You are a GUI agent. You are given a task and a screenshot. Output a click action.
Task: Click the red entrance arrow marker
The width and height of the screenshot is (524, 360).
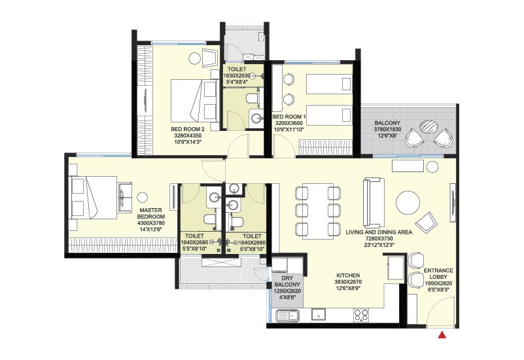coord(442,336)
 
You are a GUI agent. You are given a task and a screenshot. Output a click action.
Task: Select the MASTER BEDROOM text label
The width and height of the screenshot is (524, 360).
coord(151,213)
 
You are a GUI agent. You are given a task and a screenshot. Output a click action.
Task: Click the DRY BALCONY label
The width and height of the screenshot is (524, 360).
coord(286,265)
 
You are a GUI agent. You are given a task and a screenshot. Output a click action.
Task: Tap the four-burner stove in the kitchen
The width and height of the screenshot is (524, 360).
coord(360,315)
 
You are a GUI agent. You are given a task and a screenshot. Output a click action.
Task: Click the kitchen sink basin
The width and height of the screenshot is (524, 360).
coord(287,317)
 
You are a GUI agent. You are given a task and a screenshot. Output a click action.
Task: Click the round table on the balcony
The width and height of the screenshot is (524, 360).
coord(430,127)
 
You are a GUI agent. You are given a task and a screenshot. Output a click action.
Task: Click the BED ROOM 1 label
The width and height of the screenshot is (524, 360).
coord(289,117)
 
